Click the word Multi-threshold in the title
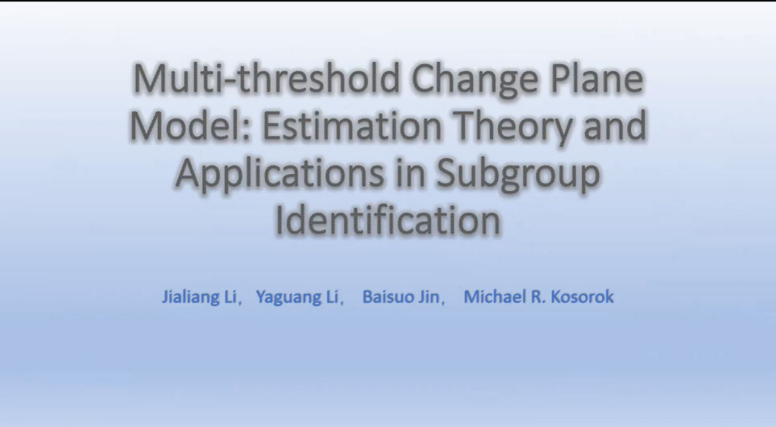click(x=267, y=78)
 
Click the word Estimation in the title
click(x=351, y=126)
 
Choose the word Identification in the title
click(x=388, y=221)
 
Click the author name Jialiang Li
click(x=199, y=297)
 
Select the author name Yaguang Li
click(x=297, y=297)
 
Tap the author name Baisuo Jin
click(x=401, y=297)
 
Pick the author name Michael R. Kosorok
click(x=539, y=297)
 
